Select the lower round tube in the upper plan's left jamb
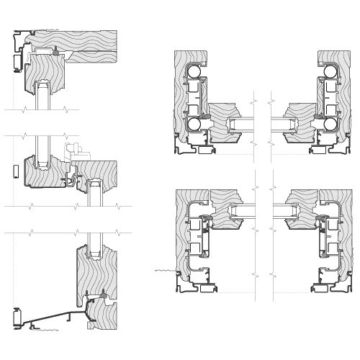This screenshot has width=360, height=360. [x=193, y=125]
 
